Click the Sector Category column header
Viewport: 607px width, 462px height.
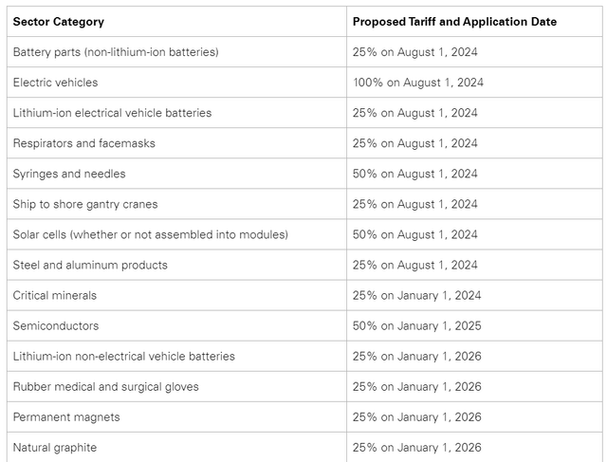pyautogui.click(x=59, y=22)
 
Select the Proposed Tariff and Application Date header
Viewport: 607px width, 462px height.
pyautogui.click(x=454, y=22)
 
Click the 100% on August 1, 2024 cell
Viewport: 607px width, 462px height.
pyautogui.click(x=418, y=83)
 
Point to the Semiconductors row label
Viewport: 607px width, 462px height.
pyautogui.click(x=56, y=325)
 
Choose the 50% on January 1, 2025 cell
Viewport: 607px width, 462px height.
pyautogui.click(x=416, y=325)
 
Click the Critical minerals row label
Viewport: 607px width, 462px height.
pyautogui.click(x=55, y=295)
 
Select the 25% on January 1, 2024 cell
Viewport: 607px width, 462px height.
pyautogui.click(x=416, y=295)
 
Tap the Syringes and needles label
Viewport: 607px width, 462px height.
pyautogui.click(x=69, y=174)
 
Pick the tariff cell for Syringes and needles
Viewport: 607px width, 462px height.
pyautogui.click(x=414, y=174)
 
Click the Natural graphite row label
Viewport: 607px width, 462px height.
pyautogui.click(x=55, y=447)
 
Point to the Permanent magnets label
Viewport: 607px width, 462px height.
pyautogui.click(x=66, y=416)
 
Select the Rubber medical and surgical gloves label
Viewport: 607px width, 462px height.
pyautogui.click(x=106, y=386)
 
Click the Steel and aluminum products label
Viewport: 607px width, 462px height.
pyautogui.click(x=90, y=265)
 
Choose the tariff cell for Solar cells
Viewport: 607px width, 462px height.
pyautogui.click(x=414, y=234)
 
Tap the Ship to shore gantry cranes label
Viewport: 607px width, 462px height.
pyautogui.click(x=85, y=204)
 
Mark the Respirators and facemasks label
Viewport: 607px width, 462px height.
pyautogui.click(x=84, y=143)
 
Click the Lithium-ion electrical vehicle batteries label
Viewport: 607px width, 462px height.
pyautogui.click(x=112, y=113)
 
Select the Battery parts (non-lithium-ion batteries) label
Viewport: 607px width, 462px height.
pyautogui.click(x=116, y=52)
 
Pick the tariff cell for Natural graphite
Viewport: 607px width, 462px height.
pyautogui.click(x=416, y=447)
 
